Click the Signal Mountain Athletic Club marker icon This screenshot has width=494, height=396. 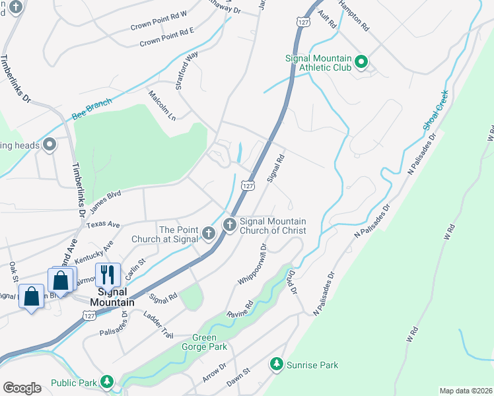pos(361,63)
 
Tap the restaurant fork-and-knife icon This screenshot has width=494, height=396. pos(106,274)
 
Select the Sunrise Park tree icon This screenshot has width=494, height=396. pos(277,364)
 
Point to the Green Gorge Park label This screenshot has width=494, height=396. pos(200,342)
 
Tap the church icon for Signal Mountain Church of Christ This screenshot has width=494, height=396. pos(230,225)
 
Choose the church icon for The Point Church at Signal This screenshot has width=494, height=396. pos(209,233)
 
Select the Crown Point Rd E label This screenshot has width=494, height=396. pos(167,38)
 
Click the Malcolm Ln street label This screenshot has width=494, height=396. pos(162,106)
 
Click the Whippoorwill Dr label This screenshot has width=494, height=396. pos(252,264)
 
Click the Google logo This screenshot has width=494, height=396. pos(22,388)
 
